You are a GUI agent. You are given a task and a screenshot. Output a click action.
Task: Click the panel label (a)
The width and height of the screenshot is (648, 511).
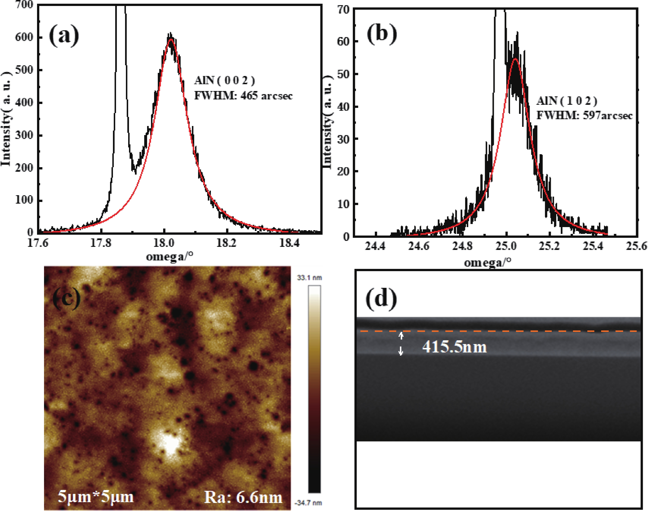pos(64,35)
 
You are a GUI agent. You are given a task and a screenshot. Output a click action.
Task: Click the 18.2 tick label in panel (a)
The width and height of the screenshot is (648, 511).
pos(226,243)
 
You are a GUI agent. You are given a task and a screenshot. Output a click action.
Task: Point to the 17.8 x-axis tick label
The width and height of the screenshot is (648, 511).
pos(101,243)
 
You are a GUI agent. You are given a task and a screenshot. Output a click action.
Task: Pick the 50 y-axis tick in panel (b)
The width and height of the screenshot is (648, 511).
pos(343,74)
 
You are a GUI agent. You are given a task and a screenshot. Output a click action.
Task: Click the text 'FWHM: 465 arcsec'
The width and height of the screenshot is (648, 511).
pos(243,96)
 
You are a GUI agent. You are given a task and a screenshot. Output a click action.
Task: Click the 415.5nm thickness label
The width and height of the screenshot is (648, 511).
pos(454,347)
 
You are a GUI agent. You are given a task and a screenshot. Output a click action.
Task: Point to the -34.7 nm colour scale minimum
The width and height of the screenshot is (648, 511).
pos(308,503)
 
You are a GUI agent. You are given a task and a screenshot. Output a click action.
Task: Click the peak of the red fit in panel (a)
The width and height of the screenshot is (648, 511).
pos(171,39)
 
